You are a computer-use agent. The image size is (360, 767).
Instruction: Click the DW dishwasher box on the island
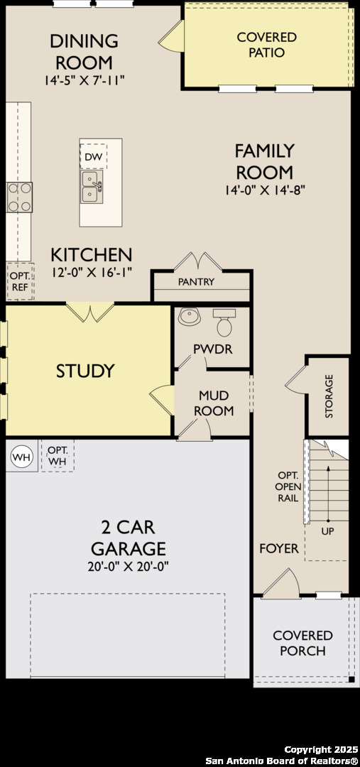[93, 156]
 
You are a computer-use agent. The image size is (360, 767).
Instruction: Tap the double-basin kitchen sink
[92, 187]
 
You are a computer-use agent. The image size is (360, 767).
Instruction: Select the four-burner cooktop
[20, 197]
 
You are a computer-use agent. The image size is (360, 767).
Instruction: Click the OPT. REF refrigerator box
[20, 282]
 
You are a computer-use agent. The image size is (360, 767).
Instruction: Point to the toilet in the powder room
[224, 323]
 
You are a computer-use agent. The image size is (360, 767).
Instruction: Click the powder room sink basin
[190, 316]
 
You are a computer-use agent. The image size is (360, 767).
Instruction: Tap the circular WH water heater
[21, 457]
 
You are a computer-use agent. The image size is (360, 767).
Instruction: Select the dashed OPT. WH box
[58, 455]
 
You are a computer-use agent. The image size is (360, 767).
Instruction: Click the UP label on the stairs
[328, 531]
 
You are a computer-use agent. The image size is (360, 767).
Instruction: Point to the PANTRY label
[196, 282]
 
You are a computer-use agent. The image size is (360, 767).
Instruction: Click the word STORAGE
[329, 396]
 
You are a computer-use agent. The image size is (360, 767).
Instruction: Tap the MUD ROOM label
[214, 403]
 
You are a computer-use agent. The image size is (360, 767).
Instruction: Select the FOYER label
[279, 549]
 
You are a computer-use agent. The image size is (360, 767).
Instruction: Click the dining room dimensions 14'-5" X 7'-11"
[84, 80]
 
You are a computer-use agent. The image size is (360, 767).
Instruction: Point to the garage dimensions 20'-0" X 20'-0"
[128, 567]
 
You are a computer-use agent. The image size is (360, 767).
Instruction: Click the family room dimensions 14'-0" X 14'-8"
[265, 190]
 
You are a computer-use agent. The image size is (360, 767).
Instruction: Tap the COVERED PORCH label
[302, 643]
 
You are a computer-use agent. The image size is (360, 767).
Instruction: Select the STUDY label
[85, 371]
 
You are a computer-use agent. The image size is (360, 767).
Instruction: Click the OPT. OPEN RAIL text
[288, 487]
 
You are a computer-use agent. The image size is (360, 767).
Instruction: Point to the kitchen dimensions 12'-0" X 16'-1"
[92, 273]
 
